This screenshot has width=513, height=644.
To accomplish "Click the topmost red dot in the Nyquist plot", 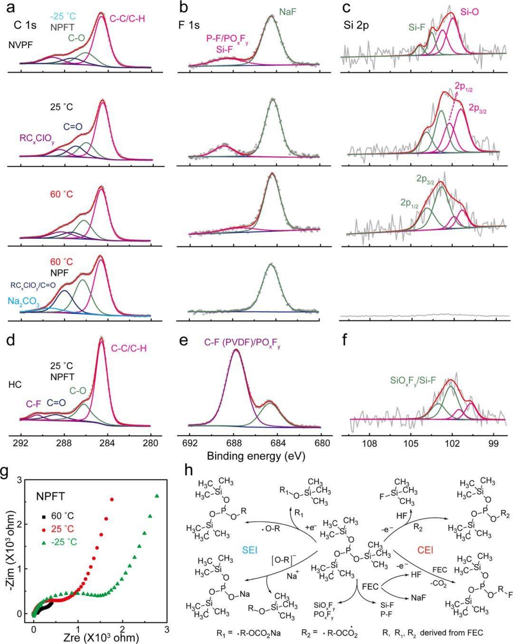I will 112,499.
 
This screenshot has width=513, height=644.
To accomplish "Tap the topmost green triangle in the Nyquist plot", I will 157,496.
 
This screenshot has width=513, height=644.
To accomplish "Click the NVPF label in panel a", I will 20,45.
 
